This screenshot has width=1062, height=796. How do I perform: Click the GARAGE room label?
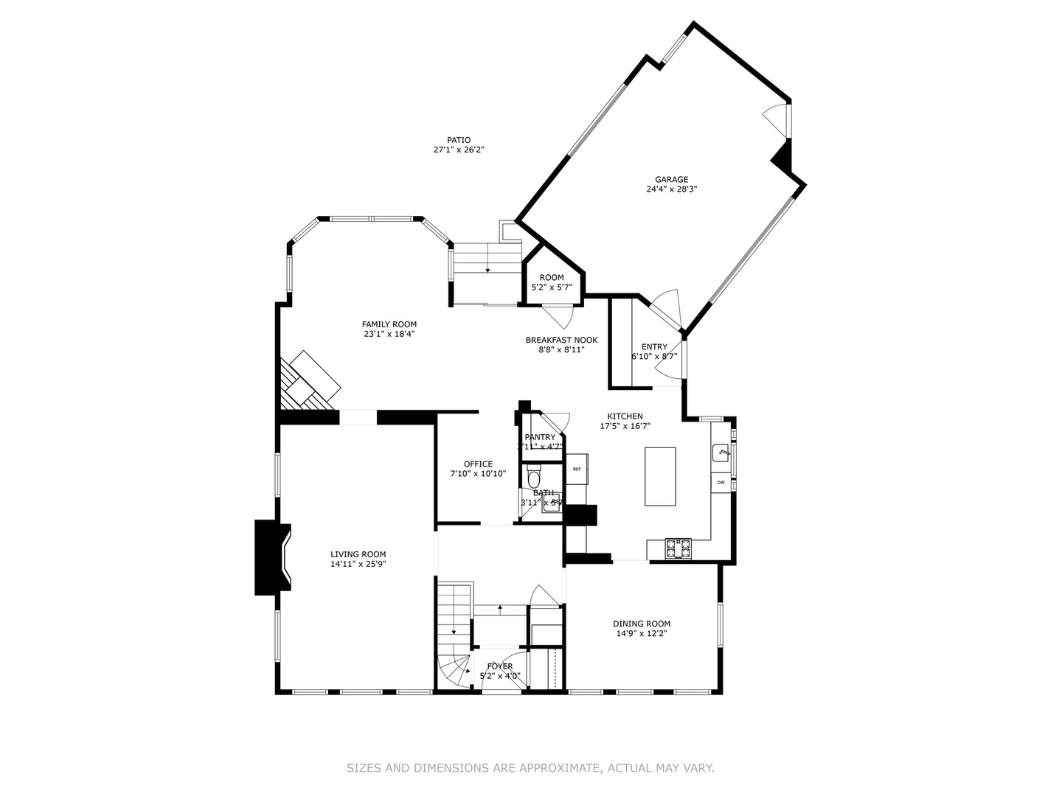click(x=671, y=179)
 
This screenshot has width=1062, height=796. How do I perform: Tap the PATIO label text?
click(x=458, y=140)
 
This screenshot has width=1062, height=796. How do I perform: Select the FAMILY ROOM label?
click(x=389, y=324)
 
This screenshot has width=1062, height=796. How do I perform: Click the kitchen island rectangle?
click(x=660, y=476)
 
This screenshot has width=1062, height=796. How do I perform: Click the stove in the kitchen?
click(x=678, y=548)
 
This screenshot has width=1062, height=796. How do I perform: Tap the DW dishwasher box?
click(x=721, y=483)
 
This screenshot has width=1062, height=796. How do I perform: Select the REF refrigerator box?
click(x=577, y=469)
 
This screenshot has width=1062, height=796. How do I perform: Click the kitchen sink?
click(x=721, y=451)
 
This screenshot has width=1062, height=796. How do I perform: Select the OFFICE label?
click(x=478, y=464)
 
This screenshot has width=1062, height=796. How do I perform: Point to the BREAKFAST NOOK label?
click(x=561, y=340)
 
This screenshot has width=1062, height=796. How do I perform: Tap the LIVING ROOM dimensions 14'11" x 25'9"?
click(x=358, y=564)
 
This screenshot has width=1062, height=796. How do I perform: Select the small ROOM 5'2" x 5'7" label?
click(x=552, y=278)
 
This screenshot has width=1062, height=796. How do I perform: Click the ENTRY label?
click(x=654, y=346)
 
